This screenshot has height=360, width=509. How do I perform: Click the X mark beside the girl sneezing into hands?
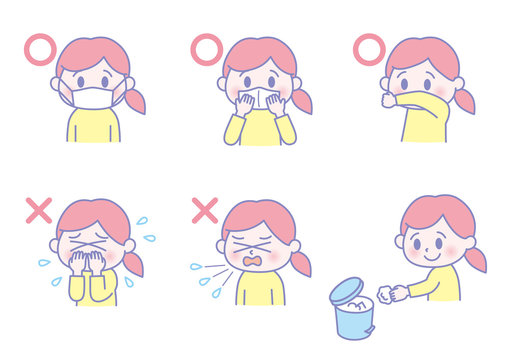[38, 210]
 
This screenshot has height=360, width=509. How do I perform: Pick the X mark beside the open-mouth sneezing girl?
[204, 210]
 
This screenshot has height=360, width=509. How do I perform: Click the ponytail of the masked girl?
[134, 99]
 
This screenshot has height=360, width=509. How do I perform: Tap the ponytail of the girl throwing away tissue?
[475, 258]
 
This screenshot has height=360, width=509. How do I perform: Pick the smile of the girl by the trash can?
[432, 257]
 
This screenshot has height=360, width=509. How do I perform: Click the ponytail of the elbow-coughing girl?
[467, 98]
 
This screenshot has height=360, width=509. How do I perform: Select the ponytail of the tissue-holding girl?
[301, 99]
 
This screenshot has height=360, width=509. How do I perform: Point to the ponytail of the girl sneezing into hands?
[133, 261]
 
